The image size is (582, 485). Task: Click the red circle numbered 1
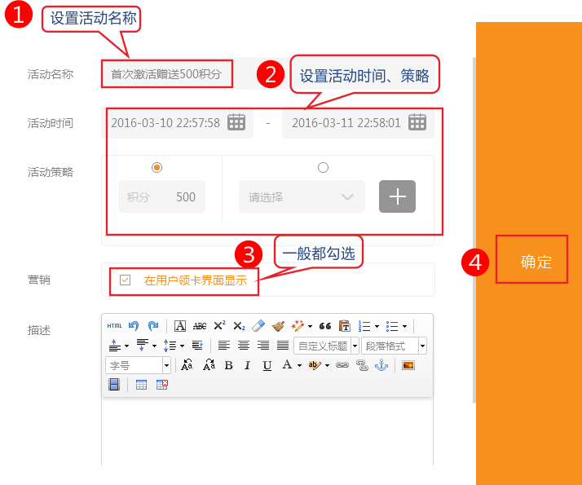18,14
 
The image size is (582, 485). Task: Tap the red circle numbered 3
249,254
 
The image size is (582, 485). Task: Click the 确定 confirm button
531,259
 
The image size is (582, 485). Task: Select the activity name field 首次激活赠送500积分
166,74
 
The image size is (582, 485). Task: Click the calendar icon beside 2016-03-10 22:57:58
236,122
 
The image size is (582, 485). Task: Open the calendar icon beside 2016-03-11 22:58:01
417,122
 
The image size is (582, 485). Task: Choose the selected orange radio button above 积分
157,167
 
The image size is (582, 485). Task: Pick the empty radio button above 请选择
323,167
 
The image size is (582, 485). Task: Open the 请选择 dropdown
302,196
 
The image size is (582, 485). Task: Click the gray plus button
397,196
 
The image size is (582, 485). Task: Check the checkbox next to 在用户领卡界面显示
125,280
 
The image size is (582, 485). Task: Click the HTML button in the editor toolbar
114,326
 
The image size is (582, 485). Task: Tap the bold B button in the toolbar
228,365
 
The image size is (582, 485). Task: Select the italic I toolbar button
247,365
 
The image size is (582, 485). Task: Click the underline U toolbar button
267,366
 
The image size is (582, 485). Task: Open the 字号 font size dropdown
138,365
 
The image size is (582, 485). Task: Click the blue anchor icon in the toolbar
381,365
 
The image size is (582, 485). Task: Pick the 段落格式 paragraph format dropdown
394,346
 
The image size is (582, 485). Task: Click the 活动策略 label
51,172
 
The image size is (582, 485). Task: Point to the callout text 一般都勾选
319,254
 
